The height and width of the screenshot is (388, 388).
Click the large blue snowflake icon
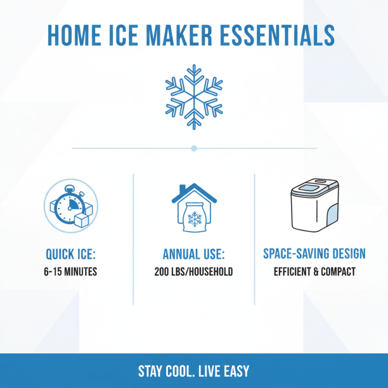tap(194, 97)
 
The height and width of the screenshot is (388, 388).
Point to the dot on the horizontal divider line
tap(194, 148)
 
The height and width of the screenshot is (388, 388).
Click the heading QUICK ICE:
tap(71, 254)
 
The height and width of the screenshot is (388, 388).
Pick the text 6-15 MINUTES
tap(71, 272)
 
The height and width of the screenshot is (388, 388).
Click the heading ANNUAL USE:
tap(194, 254)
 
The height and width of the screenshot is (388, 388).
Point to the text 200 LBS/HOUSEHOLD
tap(194, 272)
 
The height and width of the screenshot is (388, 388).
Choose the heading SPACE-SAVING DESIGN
tap(314, 254)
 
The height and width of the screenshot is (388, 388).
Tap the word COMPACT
tap(338, 272)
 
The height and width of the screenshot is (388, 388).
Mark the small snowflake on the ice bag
tap(195, 220)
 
